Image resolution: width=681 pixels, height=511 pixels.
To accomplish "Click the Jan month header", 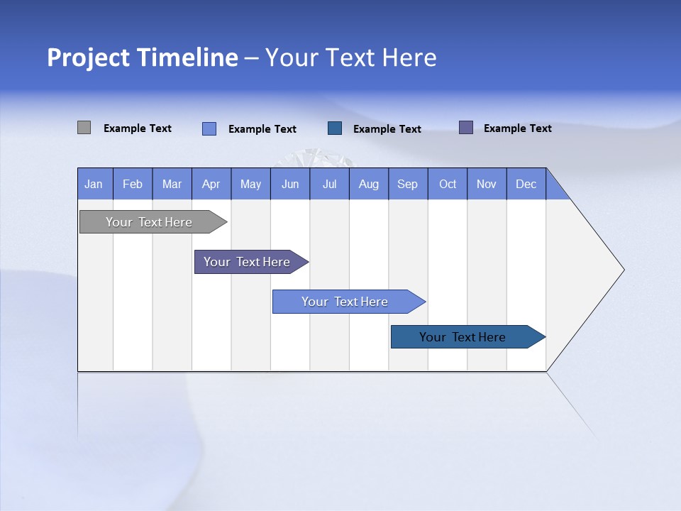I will [94, 184].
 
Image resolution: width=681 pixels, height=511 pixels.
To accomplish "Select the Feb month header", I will [133, 184].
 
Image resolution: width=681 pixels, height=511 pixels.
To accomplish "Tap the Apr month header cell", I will [211, 184].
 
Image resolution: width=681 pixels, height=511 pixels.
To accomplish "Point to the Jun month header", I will [290, 184].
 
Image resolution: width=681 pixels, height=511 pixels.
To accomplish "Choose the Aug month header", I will [369, 184].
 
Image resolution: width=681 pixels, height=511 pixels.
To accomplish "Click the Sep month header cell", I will [408, 184].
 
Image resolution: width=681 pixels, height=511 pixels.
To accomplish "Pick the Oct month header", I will [448, 184].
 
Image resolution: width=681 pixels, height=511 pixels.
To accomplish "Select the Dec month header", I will [526, 184].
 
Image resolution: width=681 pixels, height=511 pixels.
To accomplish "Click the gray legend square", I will [84, 128].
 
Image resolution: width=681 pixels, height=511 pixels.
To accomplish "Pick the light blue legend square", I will [209, 128].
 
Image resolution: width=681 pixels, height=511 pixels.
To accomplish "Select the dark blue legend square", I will [335, 128].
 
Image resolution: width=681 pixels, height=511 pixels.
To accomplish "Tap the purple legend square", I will [466, 128].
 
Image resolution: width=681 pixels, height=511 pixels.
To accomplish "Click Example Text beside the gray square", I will [138, 128].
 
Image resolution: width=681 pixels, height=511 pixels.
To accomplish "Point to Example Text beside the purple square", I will [518, 128].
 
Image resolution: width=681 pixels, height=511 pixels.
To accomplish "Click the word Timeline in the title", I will [191, 57].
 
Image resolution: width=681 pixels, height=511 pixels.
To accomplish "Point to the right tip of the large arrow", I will [622, 270].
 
